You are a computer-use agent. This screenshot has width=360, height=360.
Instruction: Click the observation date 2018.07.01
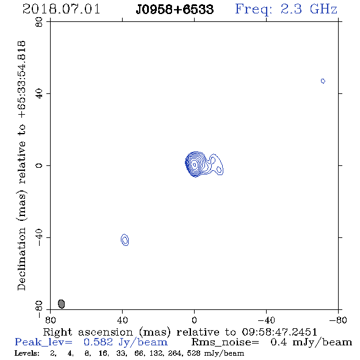coord(61,9)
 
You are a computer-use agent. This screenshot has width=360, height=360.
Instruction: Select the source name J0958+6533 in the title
coord(175,9)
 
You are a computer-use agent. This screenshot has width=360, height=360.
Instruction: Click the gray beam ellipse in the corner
coord(61,304)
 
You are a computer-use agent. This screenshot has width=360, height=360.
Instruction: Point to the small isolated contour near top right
coord(323,81)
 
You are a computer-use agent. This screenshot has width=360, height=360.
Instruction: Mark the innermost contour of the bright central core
coord(195,164)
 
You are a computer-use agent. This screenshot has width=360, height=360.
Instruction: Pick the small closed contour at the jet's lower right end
coord(219,170)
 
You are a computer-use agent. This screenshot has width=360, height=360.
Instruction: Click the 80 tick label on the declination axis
coord(39,22)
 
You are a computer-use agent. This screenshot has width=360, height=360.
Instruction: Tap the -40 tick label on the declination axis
coord(39,237)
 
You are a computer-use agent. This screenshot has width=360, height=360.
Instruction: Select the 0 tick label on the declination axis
coord(39,165)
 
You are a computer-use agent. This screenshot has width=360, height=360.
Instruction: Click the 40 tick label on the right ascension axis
coord(122,320)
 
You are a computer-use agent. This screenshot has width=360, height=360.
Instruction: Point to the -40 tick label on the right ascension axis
coord(266,320)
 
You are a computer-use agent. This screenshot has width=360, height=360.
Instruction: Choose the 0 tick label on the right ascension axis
coord(194,320)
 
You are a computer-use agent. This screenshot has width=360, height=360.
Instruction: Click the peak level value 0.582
coord(98,342)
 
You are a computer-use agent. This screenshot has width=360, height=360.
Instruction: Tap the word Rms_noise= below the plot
coord(225,342)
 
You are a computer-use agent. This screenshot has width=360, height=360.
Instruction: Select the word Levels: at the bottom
coord(27,353)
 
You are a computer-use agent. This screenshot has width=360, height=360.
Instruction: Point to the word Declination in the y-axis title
coord(21,259)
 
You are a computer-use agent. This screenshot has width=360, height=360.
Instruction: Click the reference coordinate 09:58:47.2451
coord(279,332)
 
